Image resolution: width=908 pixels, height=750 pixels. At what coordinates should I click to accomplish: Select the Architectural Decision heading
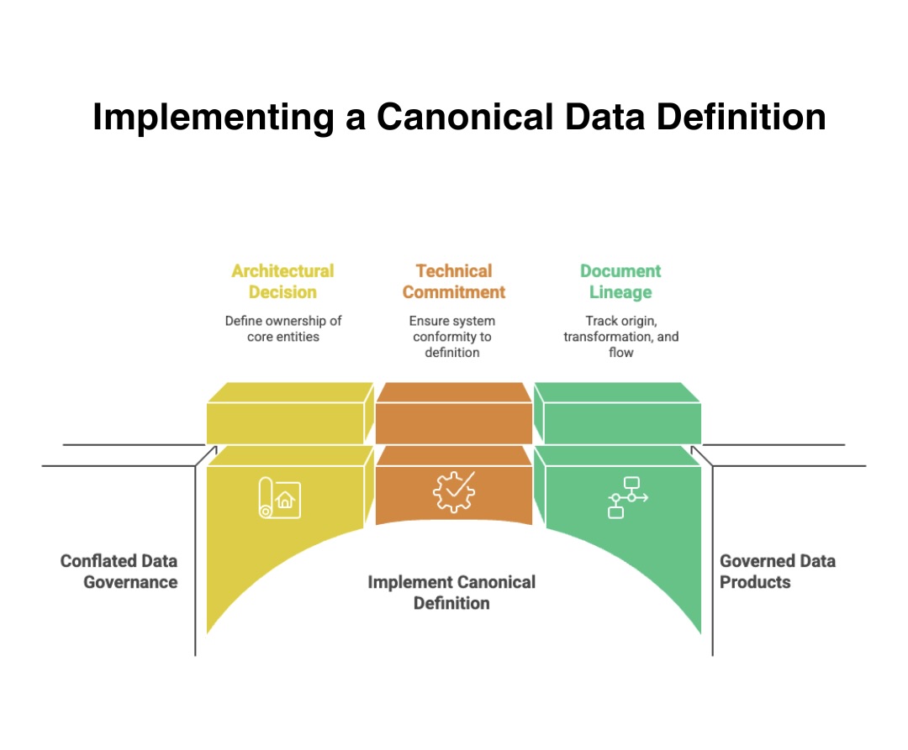[282, 281]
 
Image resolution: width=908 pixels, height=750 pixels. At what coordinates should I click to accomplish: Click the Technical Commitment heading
[454, 281]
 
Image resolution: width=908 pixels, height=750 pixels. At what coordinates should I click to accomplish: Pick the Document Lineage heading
[620, 281]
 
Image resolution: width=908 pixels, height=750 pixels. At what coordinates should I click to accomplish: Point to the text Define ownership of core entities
[282, 328]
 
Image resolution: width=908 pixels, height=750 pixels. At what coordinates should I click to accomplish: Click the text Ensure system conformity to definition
[452, 336]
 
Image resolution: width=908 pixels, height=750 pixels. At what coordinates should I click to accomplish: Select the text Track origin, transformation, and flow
[620, 336]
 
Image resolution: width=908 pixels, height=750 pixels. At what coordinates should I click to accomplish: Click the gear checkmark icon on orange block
[453, 492]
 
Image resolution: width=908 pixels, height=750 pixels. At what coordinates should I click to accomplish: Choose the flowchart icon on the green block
[626, 497]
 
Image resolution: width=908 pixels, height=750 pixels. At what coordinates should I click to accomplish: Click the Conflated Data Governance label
[119, 571]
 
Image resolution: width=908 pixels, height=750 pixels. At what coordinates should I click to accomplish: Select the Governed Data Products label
[777, 571]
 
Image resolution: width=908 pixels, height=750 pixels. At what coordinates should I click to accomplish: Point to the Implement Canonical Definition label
[451, 592]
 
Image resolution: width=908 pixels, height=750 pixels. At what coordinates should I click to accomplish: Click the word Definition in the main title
[741, 117]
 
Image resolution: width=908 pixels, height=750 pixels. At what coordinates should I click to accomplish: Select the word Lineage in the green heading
[620, 292]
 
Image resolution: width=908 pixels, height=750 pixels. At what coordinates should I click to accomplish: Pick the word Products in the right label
[755, 582]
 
